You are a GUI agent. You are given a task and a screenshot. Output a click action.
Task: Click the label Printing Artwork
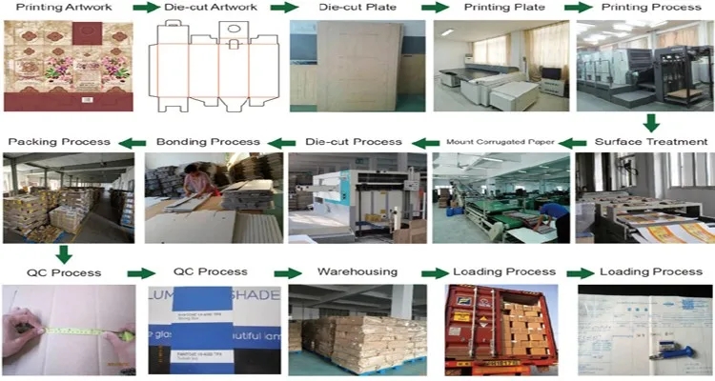(63, 8)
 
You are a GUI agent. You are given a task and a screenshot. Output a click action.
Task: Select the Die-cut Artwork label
(212, 8)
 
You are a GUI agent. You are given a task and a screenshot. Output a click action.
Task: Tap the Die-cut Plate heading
(358, 8)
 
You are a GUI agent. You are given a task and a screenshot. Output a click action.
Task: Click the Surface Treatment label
(651, 142)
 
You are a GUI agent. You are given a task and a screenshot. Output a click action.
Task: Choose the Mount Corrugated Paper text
(500, 143)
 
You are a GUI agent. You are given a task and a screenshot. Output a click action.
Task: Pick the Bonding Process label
(208, 142)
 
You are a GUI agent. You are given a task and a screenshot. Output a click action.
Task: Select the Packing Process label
(59, 142)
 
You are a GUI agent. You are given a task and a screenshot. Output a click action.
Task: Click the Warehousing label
(357, 271)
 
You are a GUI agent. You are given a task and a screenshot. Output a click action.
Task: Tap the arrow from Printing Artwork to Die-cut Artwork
(145, 8)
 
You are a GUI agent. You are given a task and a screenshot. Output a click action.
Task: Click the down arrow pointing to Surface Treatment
(651, 123)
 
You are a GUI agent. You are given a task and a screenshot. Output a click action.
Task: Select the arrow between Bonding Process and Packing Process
(133, 143)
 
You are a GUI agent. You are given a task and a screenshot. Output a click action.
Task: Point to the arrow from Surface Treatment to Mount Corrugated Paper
(571, 143)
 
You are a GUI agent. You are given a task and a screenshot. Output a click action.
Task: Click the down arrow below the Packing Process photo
(63, 254)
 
